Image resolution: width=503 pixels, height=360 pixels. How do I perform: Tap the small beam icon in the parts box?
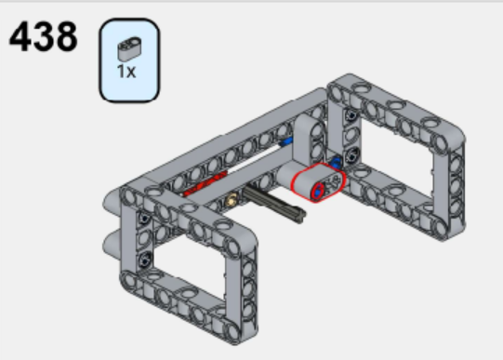127,48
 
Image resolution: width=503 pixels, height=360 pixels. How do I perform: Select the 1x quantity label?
126,72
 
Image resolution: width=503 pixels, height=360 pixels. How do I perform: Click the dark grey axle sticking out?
278,207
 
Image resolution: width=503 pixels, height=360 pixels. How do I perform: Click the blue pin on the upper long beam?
287,142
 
